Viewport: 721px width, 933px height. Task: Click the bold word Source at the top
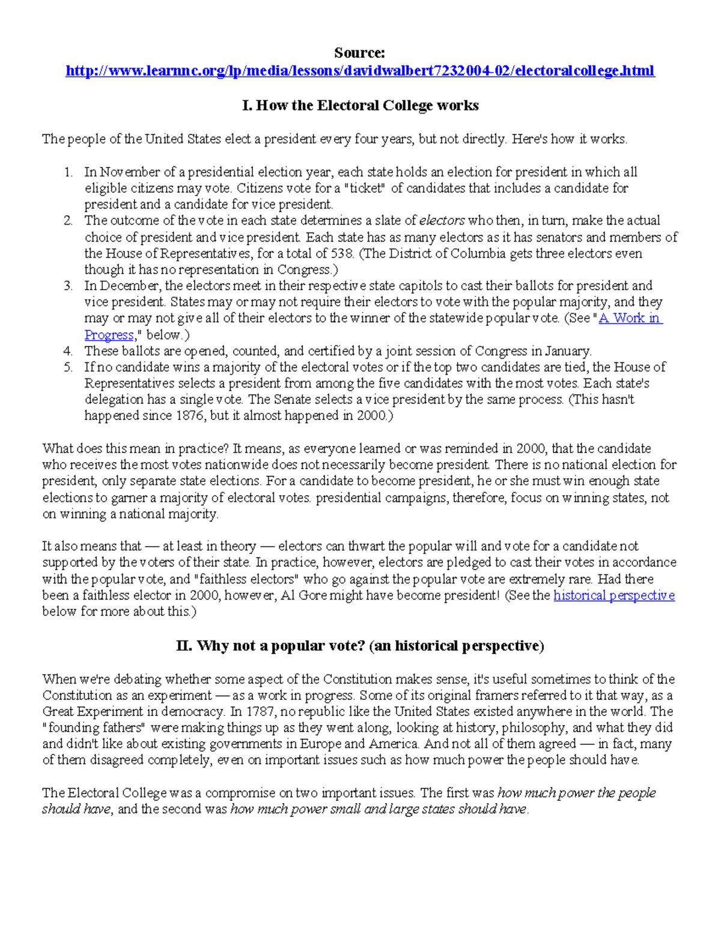pyautogui.click(x=359, y=53)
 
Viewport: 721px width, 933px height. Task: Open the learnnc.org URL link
pyautogui.click(x=360, y=71)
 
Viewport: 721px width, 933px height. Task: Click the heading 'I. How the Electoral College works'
pyautogui.click(x=360, y=106)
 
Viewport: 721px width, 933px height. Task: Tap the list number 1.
pyautogui.click(x=68, y=172)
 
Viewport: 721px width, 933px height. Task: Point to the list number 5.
pyautogui.click(x=68, y=367)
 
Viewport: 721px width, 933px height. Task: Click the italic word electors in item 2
pyautogui.click(x=442, y=220)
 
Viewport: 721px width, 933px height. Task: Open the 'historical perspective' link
pyautogui.click(x=613, y=595)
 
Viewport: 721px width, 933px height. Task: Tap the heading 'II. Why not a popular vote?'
pyautogui.click(x=360, y=646)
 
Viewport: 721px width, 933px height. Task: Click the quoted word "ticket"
pyautogui.click(x=363, y=189)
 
